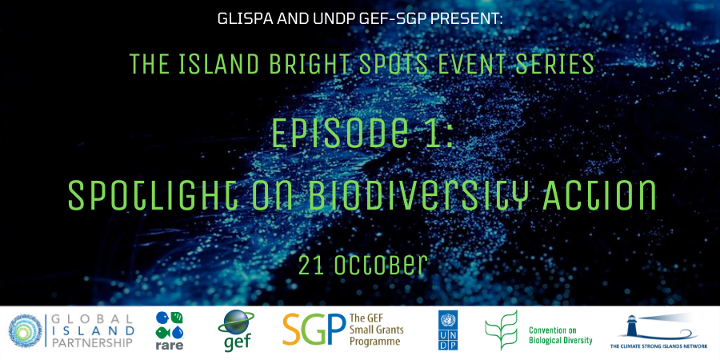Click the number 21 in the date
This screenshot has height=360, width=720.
pyautogui.click(x=309, y=266)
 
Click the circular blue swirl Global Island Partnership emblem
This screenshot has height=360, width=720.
pyautogui.click(x=26, y=331)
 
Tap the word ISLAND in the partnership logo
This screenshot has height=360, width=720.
pyautogui.click(x=93, y=330)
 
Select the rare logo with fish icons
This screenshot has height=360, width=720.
pyautogui.click(x=170, y=330)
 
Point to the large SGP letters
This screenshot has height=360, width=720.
pyautogui.click(x=314, y=330)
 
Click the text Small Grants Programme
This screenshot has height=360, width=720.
pyautogui.click(x=376, y=335)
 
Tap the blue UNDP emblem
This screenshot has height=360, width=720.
pyautogui.click(x=448, y=330)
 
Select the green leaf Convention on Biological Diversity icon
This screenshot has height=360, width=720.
pyautogui.click(x=502, y=330)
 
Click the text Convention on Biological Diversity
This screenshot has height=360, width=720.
pyautogui.click(x=560, y=335)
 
